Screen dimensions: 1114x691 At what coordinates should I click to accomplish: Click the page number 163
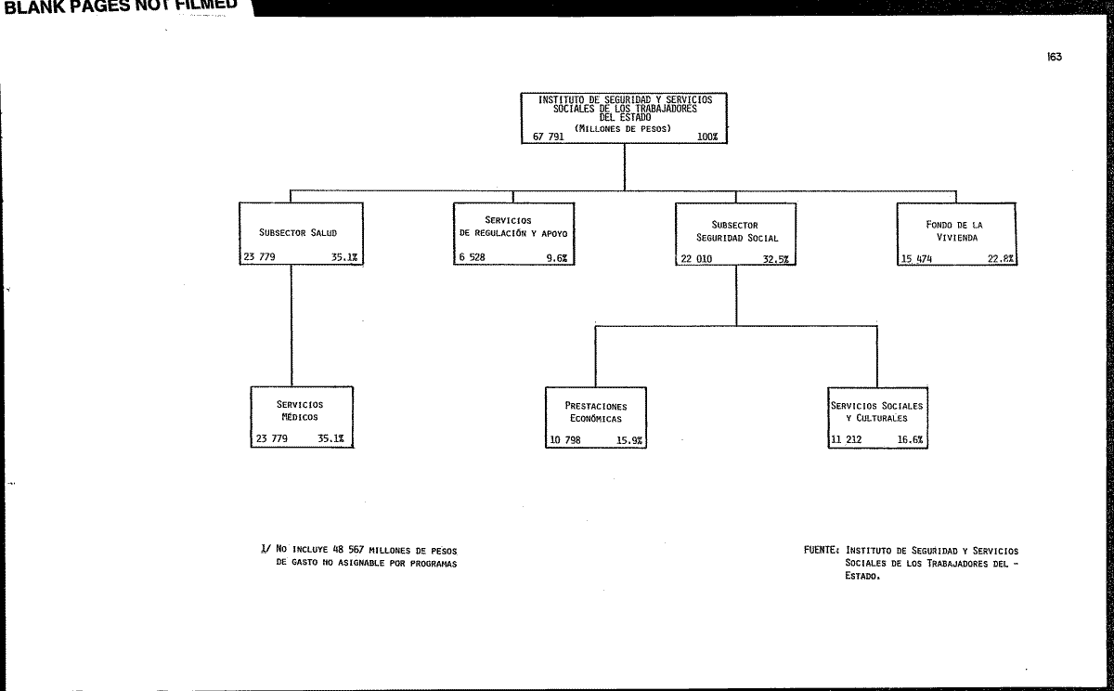[x=1055, y=57]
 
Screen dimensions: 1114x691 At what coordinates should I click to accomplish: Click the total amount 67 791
[x=548, y=137]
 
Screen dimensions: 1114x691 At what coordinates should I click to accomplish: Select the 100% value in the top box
[x=707, y=137]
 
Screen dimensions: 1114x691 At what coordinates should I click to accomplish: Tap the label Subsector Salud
[x=298, y=233]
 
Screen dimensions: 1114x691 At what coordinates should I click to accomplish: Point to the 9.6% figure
[x=556, y=258]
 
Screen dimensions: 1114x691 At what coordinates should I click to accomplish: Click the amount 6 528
[x=472, y=257]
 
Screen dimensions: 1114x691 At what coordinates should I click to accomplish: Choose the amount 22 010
[x=696, y=259]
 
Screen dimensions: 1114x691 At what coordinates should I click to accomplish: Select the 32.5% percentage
[x=776, y=259]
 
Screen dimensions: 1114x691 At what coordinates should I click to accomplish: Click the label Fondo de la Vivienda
[x=955, y=231]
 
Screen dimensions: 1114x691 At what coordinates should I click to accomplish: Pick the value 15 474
[x=917, y=259]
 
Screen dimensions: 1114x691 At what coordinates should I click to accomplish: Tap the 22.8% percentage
[x=1001, y=259]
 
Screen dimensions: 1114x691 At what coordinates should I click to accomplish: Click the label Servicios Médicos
[x=300, y=411]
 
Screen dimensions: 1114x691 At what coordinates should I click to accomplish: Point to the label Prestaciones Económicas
[x=596, y=412]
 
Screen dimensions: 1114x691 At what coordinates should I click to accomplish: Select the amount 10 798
[x=565, y=440]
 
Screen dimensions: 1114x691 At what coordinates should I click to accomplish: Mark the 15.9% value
[x=629, y=441]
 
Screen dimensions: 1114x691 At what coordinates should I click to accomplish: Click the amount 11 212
[x=847, y=440]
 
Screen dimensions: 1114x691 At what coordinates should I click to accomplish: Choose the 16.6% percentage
[x=910, y=440]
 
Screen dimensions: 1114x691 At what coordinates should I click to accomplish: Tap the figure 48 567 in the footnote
[x=348, y=550]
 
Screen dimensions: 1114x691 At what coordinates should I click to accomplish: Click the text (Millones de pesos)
[x=623, y=128]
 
